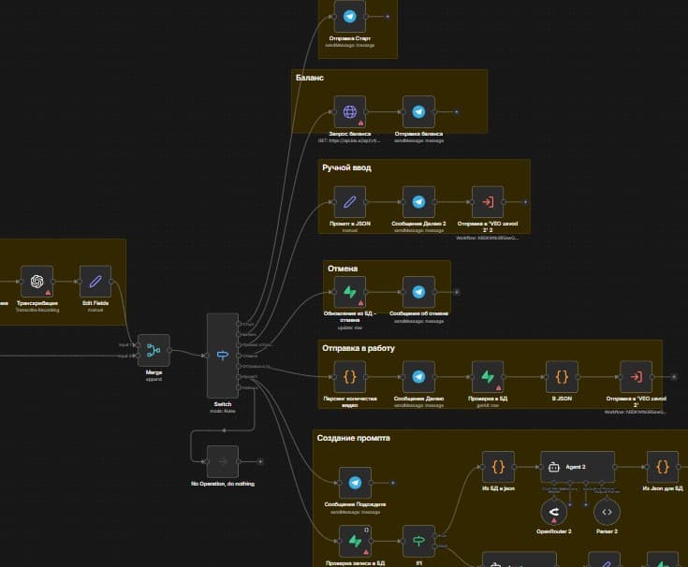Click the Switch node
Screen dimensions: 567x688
pos(222,355)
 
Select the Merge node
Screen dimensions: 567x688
pos(154,350)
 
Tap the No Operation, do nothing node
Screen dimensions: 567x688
pos(222,461)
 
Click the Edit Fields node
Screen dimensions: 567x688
pos(95,281)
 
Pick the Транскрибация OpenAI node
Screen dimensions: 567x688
pos(37,281)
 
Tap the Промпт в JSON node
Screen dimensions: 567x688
pos(350,201)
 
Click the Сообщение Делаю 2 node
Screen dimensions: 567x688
pos(418,201)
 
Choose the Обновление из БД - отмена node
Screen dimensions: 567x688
pos(350,291)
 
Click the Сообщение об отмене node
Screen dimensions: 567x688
pos(418,291)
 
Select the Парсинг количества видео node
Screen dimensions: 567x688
pos(350,377)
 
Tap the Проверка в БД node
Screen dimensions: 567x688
pos(488,377)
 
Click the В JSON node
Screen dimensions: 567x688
pos(561,377)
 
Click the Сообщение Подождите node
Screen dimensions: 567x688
pos(355,484)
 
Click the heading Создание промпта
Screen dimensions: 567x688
pos(353,438)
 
